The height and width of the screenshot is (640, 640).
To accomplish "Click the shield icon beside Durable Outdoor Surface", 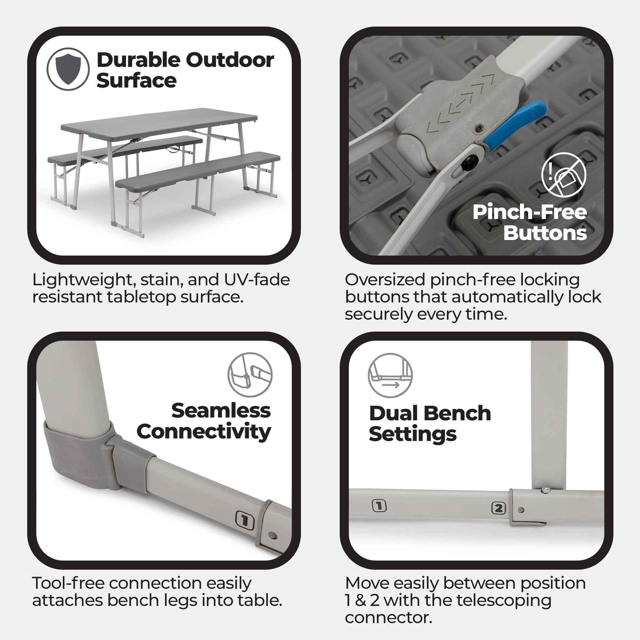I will [x=68, y=69].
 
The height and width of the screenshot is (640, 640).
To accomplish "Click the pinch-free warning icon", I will [x=563, y=175].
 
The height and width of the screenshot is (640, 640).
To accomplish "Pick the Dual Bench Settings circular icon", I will [x=390, y=375].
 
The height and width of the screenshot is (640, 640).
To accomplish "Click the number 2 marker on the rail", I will [x=498, y=508].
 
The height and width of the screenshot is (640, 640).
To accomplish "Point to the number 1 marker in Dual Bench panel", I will [x=379, y=505].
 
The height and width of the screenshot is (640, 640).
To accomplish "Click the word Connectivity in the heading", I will [x=203, y=431].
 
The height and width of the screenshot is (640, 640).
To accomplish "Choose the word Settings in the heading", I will [x=412, y=434].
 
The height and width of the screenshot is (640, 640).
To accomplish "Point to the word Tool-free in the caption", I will [x=68, y=583].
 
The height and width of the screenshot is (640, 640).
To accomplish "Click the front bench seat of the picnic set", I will [x=198, y=171].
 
